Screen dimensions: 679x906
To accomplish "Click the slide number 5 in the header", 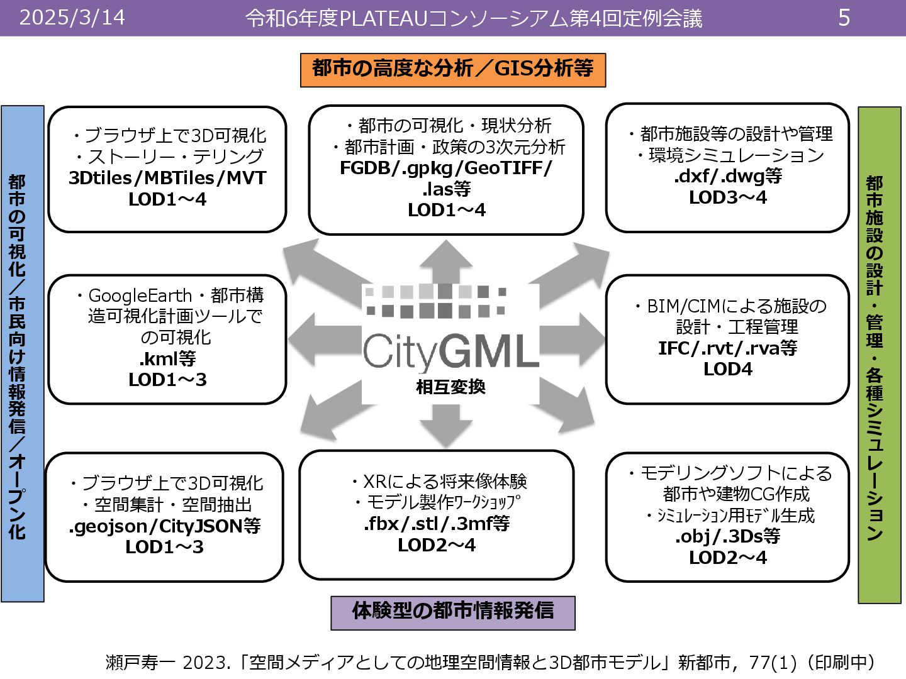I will (x=844, y=18).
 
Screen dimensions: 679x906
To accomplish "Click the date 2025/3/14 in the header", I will (x=72, y=18).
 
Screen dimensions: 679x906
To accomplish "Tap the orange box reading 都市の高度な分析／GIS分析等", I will (x=453, y=69).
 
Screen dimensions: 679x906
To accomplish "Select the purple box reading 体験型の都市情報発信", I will (x=453, y=612).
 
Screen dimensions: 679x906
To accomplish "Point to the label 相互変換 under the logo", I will (x=450, y=387).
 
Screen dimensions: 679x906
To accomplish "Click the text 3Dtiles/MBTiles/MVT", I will (x=167, y=178).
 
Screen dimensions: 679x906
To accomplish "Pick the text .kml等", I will (x=167, y=358).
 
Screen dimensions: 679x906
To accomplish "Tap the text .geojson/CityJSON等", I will (x=164, y=526).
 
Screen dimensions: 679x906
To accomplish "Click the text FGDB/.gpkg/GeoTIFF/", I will (x=446, y=168).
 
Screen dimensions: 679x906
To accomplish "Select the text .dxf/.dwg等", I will (x=728, y=176).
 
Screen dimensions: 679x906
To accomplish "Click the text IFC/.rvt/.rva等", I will (x=728, y=348).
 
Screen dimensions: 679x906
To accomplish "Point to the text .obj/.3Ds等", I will (x=728, y=536).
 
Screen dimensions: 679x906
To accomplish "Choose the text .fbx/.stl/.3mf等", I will (x=437, y=524).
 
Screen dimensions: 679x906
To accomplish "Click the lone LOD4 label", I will (x=728, y=369).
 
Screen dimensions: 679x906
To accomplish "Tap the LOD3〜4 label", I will (x=728, y=197).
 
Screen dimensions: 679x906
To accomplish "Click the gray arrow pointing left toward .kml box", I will (x=321, y=338).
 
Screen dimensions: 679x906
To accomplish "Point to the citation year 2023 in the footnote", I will (x=203, y=662).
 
